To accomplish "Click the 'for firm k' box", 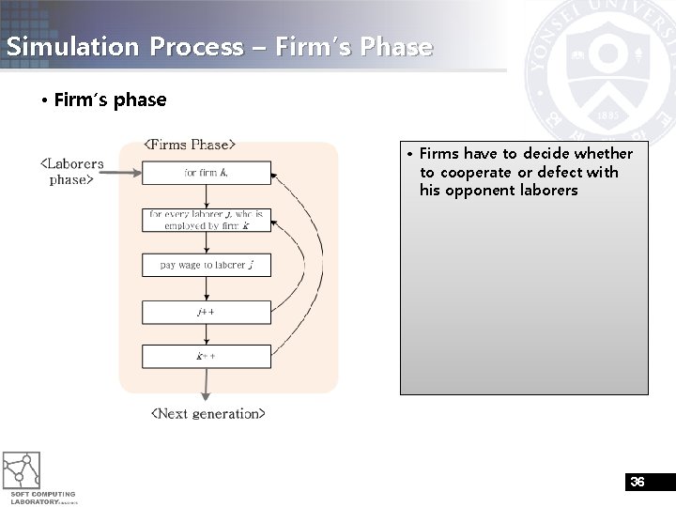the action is tap(206, 173).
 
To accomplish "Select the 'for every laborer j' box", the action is tap(206, 220).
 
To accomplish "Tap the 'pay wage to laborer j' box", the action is tap(206, 265).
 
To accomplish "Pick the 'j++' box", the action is tap(206, 312).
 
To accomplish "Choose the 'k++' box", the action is tap(206, 357).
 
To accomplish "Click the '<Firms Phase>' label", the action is tap(189, 145).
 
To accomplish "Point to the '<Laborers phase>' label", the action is tap(71, 171).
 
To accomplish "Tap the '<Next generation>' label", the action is tap(208, 413).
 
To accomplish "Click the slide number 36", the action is tap(638, 482).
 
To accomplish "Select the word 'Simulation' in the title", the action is tap(64, 47).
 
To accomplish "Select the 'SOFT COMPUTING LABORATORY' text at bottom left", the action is tap(43, 498).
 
